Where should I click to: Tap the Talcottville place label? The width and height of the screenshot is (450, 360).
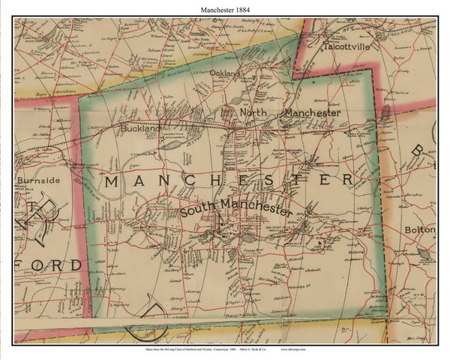coord(348,45)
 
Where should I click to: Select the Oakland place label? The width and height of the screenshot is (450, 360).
coord(225,73)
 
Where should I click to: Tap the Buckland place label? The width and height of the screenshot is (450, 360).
coord(140,129)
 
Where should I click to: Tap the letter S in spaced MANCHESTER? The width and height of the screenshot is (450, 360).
coord(282,181)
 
